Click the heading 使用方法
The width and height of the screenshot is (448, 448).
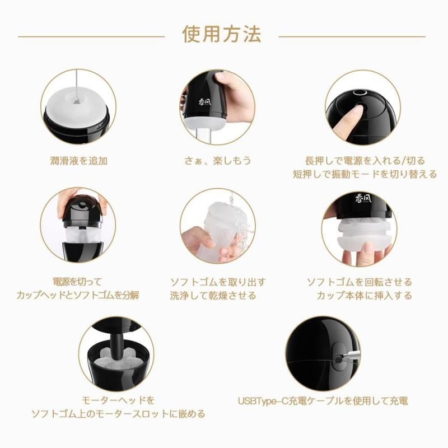tap(222, 34)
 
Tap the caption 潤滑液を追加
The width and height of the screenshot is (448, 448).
tap(78, 161)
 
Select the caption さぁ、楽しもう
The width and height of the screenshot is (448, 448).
tap(218, 161)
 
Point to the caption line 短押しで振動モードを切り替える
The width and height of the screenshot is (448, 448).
tap(365, 174)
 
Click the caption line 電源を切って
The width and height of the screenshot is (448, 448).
tap(77, 282)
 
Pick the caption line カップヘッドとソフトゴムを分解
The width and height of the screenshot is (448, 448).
tap(78, 295)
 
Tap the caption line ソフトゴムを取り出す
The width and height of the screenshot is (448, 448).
tap(218, 282)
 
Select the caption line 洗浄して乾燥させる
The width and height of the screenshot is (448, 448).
tap(213, 296)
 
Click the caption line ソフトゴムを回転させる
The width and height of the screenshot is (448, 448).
tap(360, 282)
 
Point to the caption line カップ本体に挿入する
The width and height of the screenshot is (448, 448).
tap(365, 296)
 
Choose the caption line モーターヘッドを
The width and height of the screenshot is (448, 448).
tap(118, 400)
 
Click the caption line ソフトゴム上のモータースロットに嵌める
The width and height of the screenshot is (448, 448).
tap(118, 413)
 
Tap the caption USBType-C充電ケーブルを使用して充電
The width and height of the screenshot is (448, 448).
tap(323, 401)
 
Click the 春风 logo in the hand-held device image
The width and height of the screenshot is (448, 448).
tap(204, 102)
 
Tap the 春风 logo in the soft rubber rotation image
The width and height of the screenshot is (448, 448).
tap(363, 198)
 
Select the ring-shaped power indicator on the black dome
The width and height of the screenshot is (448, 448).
tap(360, 92)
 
